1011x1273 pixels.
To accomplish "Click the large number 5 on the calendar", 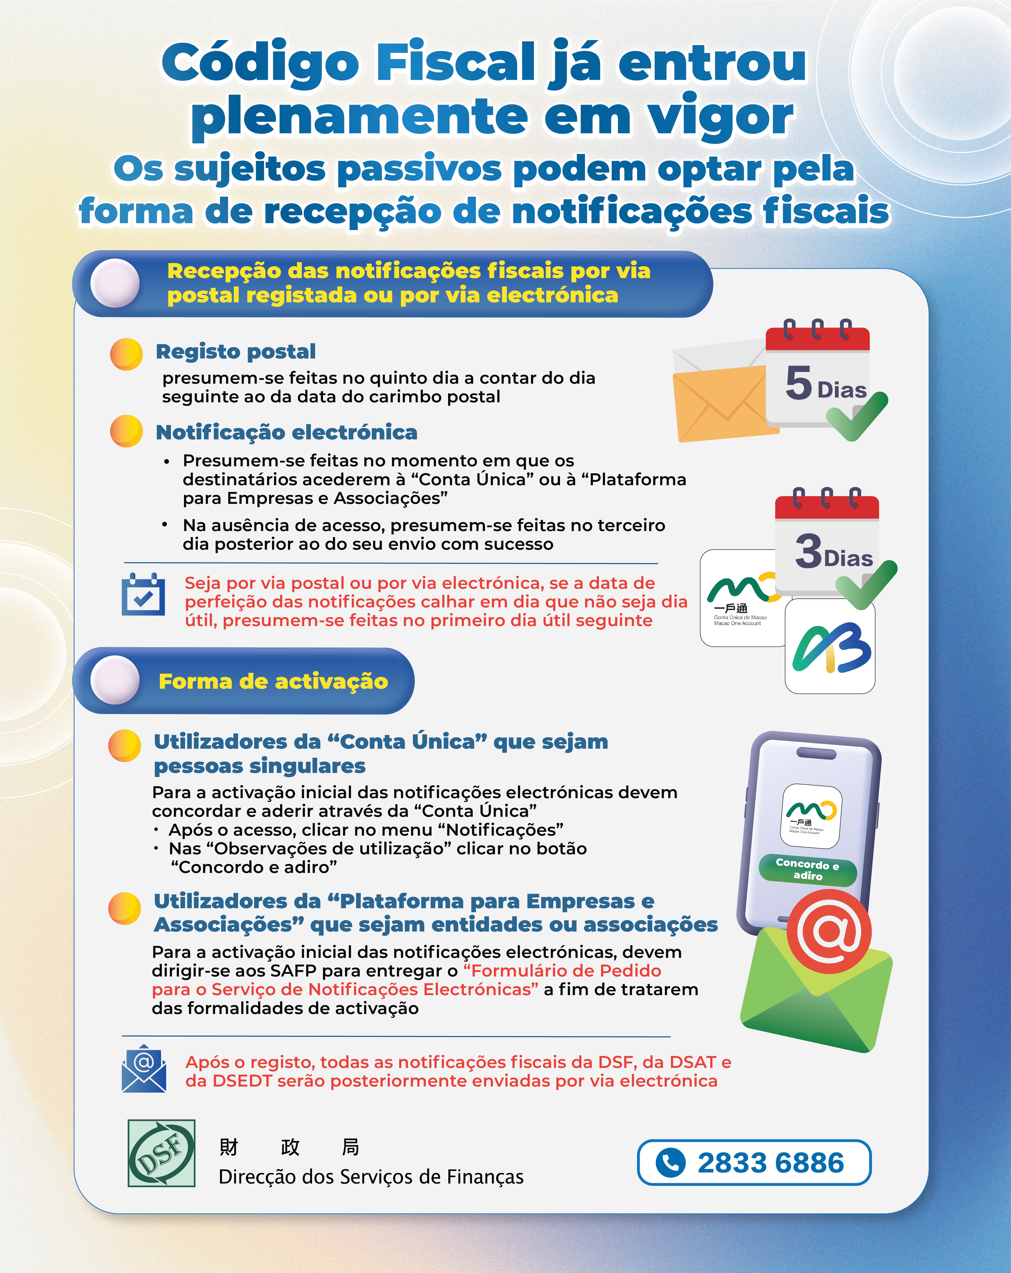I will click(799, 383).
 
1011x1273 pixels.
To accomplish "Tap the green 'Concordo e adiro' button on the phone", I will click(807, 869).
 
